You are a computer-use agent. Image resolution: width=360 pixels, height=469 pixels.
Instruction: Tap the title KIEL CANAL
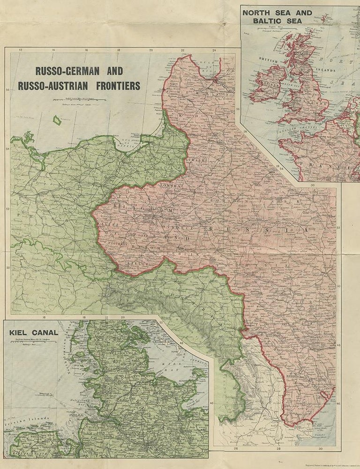pos(33,333)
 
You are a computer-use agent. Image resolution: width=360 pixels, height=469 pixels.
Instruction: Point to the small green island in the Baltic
pos(58,120)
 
